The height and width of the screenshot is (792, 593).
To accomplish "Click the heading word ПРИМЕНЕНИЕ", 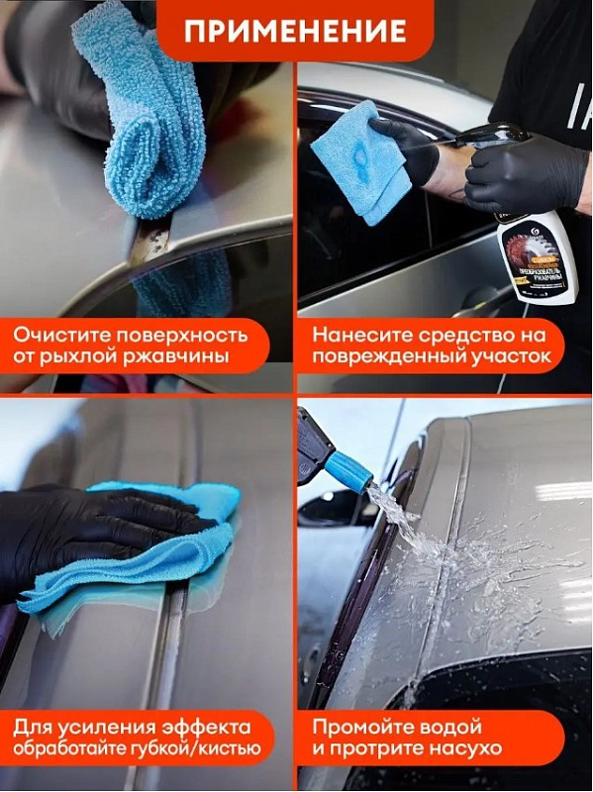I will coord(296,31).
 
